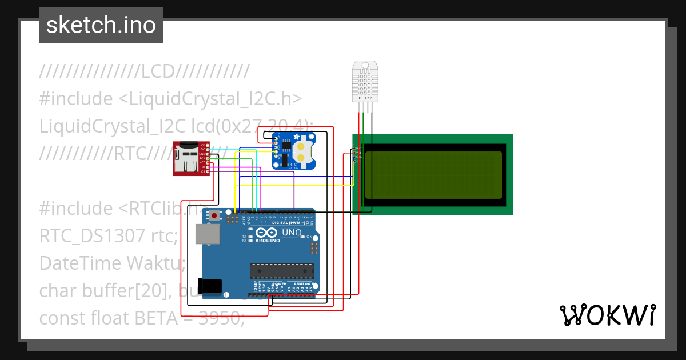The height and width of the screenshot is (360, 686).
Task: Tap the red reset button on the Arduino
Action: click(214, 215)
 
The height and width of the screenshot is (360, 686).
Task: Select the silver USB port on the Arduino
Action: click(206, 234)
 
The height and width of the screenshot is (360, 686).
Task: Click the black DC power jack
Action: click(208, 285)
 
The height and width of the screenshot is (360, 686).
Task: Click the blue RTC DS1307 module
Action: click(293, 150)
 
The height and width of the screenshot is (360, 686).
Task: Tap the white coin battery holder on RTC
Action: click(300, 151)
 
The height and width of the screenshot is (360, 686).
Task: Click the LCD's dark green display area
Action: click(433, 175)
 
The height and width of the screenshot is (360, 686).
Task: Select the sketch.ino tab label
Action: click(101, 25)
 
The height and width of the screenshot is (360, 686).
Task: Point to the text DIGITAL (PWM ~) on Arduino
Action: click(289, 223)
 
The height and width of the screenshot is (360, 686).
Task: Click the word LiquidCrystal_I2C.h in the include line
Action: click(210, 99)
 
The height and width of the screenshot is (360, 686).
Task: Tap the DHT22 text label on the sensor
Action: click(364, 98)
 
